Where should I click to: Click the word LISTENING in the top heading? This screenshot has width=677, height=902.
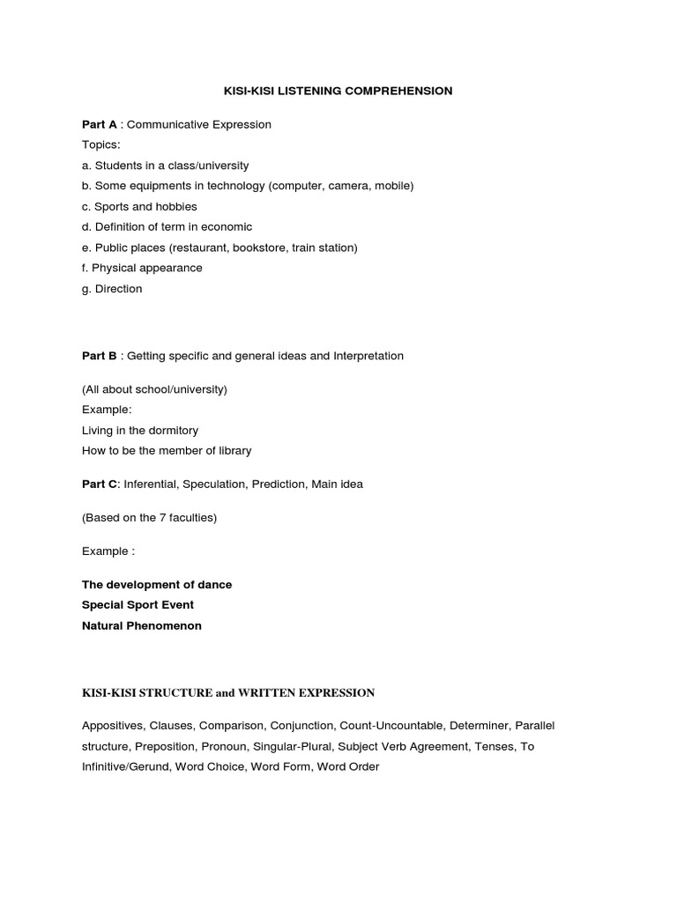(x=311, y=91)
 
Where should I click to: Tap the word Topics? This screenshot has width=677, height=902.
(x=101, y=144)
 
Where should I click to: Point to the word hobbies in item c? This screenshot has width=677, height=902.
(x=176, y=206)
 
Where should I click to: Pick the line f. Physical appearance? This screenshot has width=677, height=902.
(x=142, y=268)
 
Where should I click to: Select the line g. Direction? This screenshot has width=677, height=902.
(x=112, y=289)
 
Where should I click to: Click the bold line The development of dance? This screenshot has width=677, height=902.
(x=157, y=585)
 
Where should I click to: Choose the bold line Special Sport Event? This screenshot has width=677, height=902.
(x=138, y=605)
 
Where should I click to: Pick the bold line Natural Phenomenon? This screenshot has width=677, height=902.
(x=142, y=625)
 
